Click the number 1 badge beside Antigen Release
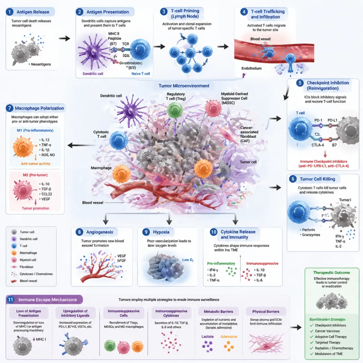pos(11,12)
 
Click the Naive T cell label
pos(140,74)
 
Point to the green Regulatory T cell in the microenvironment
pos(175,111)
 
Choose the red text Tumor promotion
pos(35,208)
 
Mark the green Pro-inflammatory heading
pos(221,264)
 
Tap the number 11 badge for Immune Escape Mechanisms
pos(11,299)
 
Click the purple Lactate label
pos(207,336)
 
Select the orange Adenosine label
pos(229,336)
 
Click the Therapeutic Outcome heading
pos(331,273)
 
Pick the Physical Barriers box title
pos(266,311)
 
